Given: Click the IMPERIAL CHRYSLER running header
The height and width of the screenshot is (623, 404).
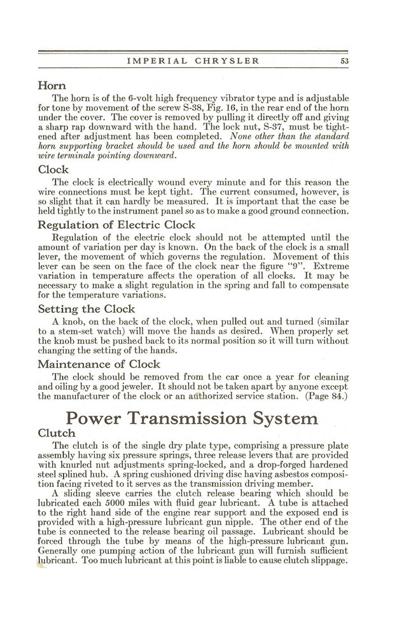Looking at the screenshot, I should click(x=193, y=62).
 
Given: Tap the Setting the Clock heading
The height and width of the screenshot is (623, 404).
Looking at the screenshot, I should click(x=86, y=310).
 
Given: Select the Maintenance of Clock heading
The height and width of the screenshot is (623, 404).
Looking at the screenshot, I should click(x=99, y=364).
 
